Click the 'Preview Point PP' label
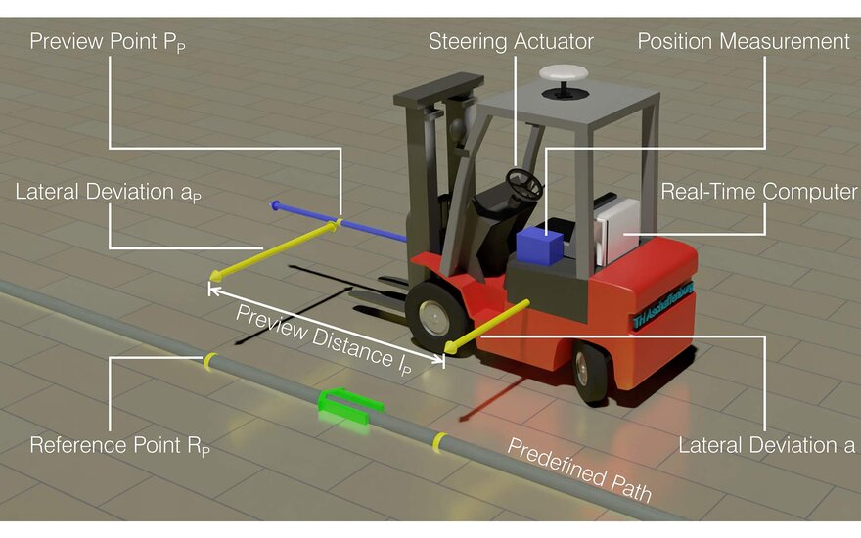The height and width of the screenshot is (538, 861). [109, 42]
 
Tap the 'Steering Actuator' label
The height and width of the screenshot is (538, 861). [511, 42]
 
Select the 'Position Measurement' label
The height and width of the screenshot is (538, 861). [744, 42]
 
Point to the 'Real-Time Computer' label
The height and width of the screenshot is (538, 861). [759, 191]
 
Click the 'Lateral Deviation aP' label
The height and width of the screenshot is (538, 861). [109, 192]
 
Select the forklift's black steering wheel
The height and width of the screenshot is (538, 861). [523, 182]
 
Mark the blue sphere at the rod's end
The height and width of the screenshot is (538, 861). [276, 205]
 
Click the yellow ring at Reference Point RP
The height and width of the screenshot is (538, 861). [209, 360]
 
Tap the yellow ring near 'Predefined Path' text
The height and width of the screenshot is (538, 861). [440, 443]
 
